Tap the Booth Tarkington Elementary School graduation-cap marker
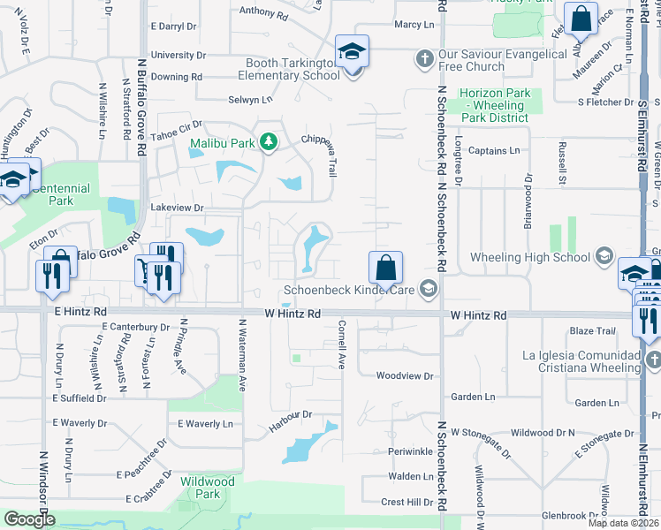pos(352,52)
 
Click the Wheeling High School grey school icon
pos(604,257)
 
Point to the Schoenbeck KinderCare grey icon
pos(429,289)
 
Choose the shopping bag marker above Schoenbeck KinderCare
pos(386,268)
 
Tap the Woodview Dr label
pos(405,375)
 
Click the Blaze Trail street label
pos(592,331)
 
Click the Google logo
pos(29,519)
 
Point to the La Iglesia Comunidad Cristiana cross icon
pos(653,360)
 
